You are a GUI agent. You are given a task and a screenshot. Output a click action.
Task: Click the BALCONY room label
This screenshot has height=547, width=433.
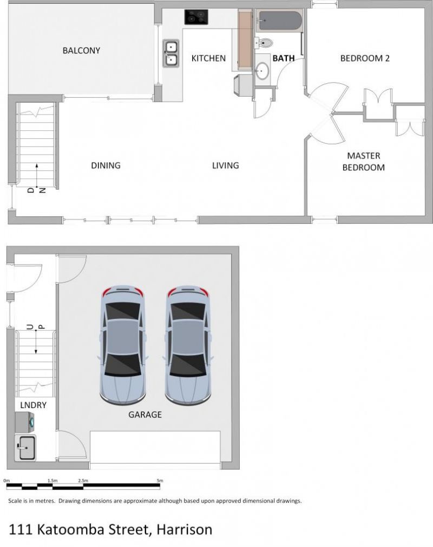pos(81,51)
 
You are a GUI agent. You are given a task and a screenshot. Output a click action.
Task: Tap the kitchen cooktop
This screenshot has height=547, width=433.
pos(196,17)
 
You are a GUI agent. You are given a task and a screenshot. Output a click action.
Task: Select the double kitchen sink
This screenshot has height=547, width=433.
pos(171,54)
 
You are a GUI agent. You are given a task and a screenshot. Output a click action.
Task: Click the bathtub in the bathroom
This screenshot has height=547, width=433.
pos(280,21)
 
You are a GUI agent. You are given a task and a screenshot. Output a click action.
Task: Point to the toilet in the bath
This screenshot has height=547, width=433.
pos(264,43)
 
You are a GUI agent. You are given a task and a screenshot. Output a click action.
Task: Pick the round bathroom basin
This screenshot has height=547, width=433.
pos(262,71)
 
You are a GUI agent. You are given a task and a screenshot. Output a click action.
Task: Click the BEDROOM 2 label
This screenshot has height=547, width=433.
pos(365,58)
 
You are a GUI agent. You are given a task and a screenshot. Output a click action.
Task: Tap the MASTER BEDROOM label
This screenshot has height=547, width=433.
pos(364,162)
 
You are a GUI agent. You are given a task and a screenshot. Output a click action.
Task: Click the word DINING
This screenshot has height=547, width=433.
pos(106,165)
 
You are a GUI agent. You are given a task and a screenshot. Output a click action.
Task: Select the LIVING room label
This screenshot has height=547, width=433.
pos(226,165)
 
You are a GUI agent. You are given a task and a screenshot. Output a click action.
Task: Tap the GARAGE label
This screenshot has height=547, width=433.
pos(145,415)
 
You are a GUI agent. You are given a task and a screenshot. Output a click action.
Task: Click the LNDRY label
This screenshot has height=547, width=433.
pos(33,405)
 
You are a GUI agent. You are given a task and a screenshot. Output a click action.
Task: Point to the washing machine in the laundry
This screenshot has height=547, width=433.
pos(25,422)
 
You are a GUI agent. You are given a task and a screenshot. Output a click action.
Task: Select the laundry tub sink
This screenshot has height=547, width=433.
pos(25,448)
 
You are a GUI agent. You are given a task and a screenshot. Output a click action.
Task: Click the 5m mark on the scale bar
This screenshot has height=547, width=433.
pos(160,481)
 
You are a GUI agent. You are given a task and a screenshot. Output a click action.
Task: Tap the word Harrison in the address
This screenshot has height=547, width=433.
pos(184,530)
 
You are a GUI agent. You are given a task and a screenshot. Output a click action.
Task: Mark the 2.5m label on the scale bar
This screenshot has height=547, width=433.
pos(83,481)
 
